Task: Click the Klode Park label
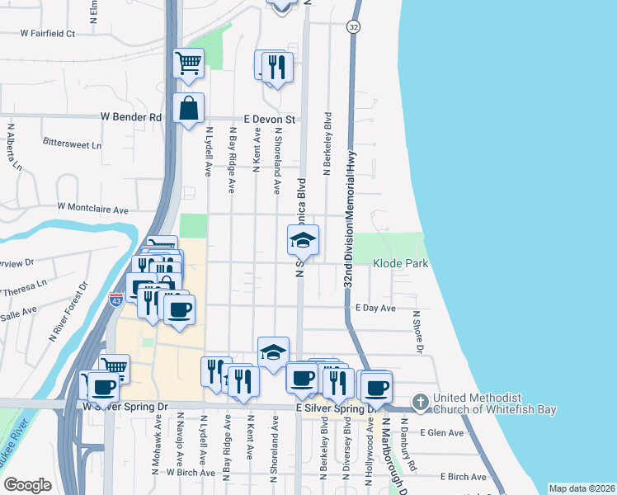(x=400, y=264)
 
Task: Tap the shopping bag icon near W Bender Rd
(x=189, y=108)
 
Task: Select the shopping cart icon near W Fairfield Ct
(x=189, y=62)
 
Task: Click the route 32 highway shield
(x=353, y=27)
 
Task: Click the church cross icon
(x=421, y=402)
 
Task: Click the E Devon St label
(x=268, y=118)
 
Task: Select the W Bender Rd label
(x=131, y=118)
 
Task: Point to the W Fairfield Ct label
(x=48, y=34)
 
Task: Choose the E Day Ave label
(x=375, y=308)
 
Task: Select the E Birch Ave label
(x=463, y=477)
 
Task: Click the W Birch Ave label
(x=189, y=473)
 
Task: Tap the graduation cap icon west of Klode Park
(x=303, y=241)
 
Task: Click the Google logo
(x=27, y=485)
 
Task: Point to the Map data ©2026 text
(x=582, y=488)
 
